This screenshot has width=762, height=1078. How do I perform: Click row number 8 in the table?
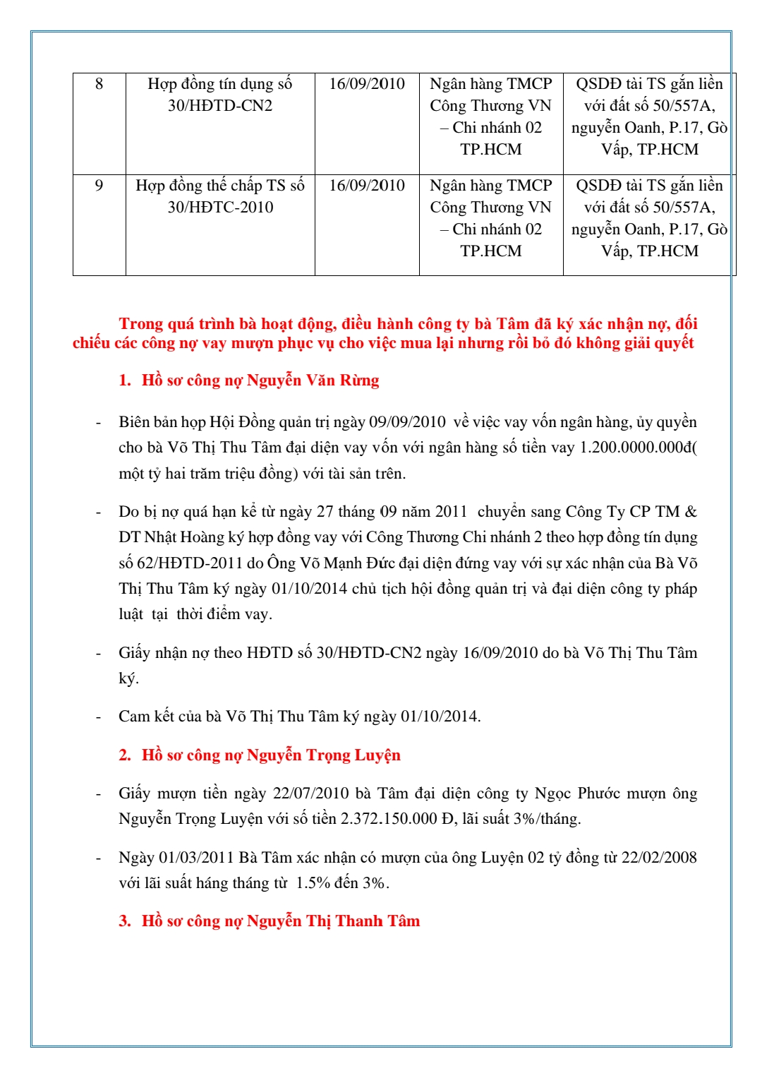tap(99, 84)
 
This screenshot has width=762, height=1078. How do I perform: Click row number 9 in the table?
tap(99, 186)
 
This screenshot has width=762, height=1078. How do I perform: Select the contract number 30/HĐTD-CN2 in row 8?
tap(220, 106)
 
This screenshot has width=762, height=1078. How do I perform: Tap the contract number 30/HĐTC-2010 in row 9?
tap(220, 208)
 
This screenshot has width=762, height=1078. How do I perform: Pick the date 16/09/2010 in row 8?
tap(367, 84)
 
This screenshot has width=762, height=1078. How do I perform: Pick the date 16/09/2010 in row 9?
tap(367, 186)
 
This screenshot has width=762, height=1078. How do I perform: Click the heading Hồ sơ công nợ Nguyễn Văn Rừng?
tap(260, 381)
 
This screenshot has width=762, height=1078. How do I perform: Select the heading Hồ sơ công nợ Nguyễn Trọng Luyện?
tap(271, 755)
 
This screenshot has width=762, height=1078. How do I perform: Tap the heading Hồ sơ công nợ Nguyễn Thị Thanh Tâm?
tap(280, 921)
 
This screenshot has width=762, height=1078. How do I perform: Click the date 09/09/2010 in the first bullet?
tap(407, 422)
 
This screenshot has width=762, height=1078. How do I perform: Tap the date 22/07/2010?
tap(310, 793)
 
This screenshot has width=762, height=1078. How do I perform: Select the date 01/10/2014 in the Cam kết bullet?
tap(440, 717)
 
